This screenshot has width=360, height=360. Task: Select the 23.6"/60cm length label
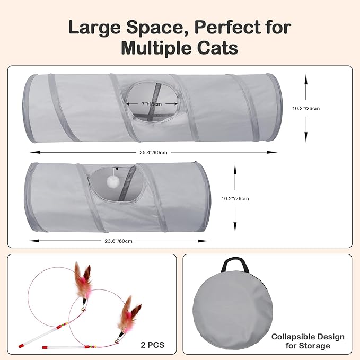[118, 240]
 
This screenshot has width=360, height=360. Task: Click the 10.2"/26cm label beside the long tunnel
[306, 108]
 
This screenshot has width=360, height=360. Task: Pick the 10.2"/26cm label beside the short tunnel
[234, 198]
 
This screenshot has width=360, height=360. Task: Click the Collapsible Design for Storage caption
[308, 341]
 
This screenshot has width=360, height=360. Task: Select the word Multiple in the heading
[155, 48]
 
